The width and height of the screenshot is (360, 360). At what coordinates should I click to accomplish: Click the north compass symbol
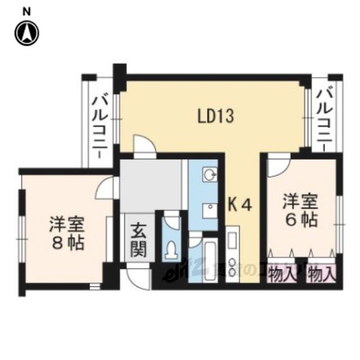[x=26, y=33]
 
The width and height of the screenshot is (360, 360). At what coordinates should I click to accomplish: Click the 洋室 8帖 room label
[x=66, y=233]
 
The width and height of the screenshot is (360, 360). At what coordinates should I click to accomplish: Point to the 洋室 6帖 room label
[x=300, y=209]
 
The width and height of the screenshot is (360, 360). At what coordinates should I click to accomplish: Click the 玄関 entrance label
[x=139, y=240]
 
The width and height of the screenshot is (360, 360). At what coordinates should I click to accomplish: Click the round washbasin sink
[x=210, y=175]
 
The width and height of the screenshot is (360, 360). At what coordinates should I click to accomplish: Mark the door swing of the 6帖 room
[x=277, y=165]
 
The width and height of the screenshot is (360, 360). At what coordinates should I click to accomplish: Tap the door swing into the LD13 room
[x=144, y=145]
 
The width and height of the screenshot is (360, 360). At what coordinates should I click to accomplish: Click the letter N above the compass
[x=26, y=11]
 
